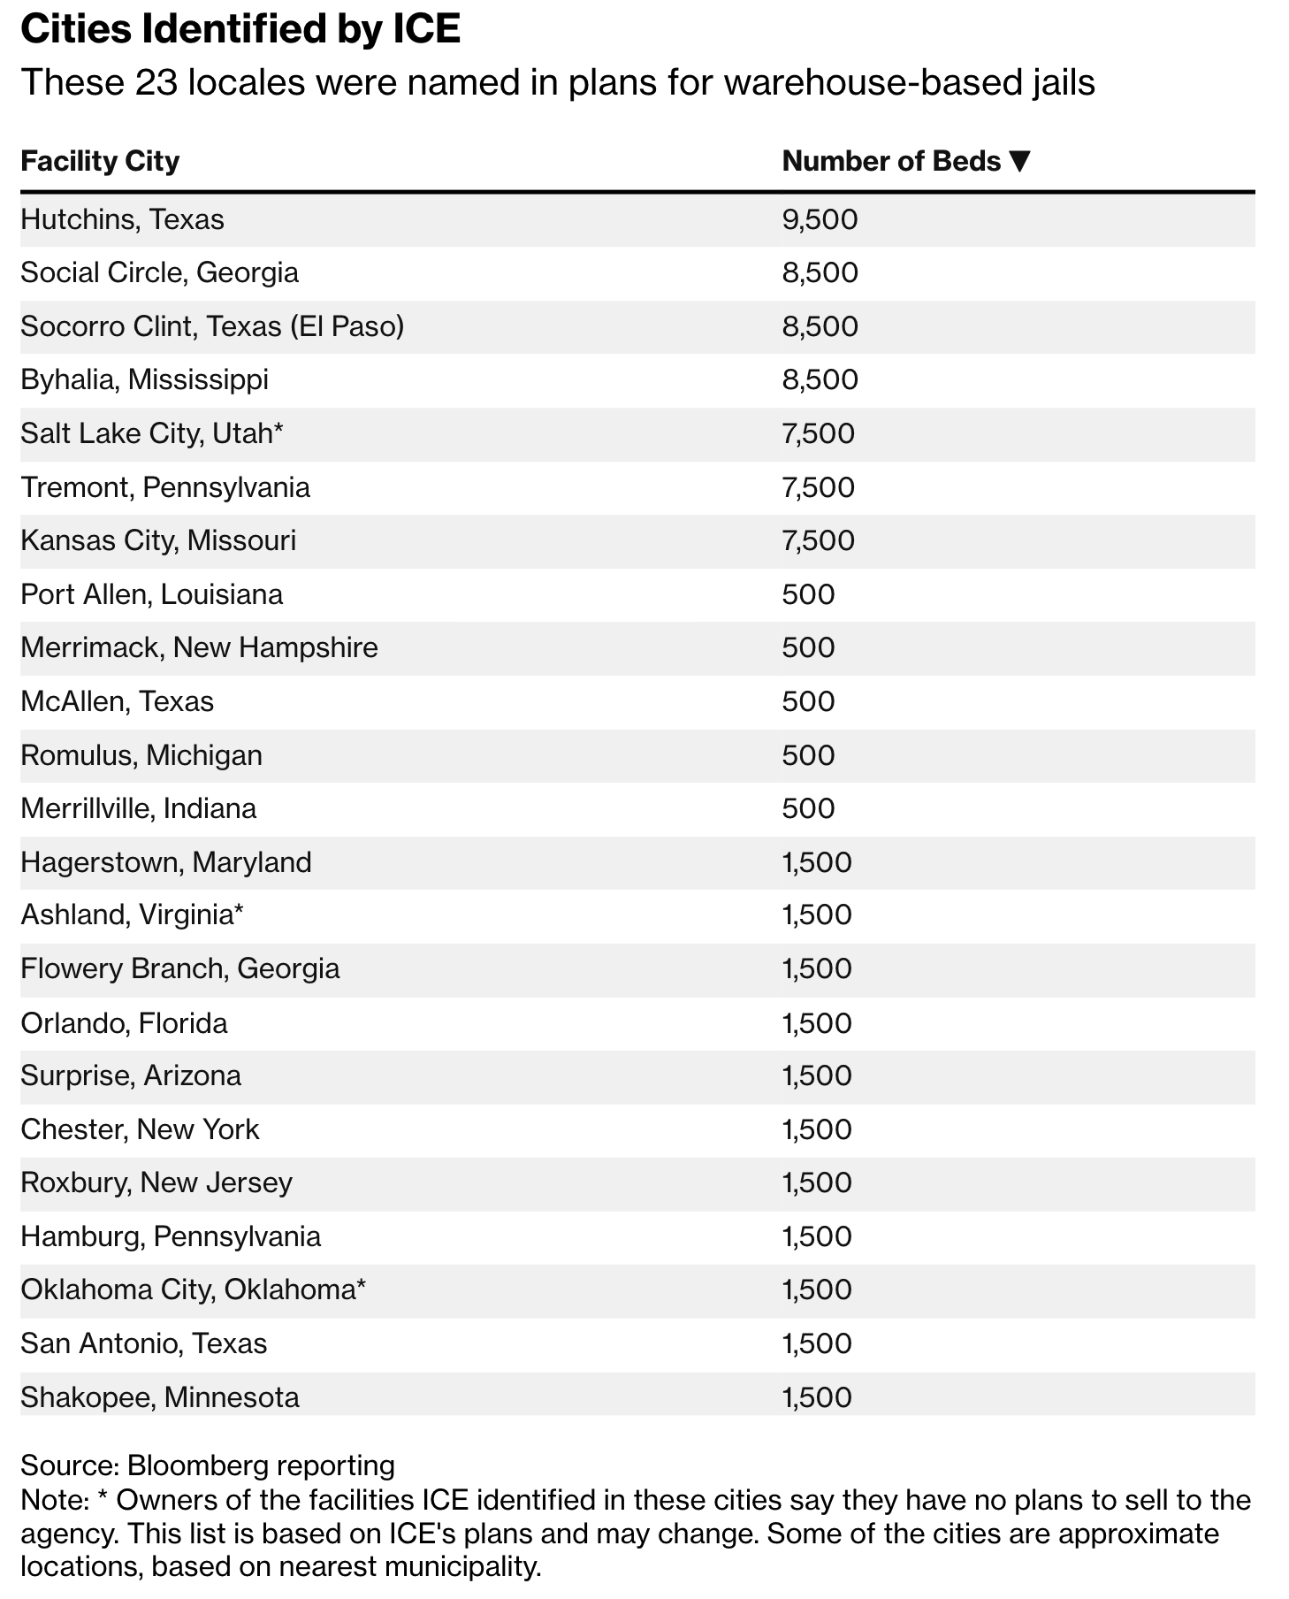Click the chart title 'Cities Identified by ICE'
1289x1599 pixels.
pyautogui.click(x=240, y=30)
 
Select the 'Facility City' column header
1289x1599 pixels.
pyautogui.click(x=100, y=162)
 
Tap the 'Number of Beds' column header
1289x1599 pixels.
pyautogui.click(x=891, y=162)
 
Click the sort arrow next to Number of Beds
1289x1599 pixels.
pyautogui.click(x=1019, y=162)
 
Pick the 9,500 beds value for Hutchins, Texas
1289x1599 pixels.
pyautogui.click(x=820, y=219)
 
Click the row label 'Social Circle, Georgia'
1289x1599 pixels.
pyautogui.click(x=159, y=272)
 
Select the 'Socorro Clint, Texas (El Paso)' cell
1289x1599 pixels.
pyautogui.click(x=212, y=326)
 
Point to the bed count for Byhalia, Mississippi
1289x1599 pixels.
pyautogui.click(x=820, y=380)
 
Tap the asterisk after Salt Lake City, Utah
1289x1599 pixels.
pyautogui.click(x=278, y=431)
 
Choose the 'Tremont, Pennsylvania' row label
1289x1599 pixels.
pyautogui.click(x=165, y=488)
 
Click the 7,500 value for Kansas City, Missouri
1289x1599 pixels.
pyautogui.click(x=818, y=540)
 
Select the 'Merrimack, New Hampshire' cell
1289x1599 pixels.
pyautogui.click(x=199, y=648)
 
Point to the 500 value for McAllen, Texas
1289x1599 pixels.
pyautogui.click(x=808, y=702)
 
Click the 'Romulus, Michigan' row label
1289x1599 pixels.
pyautogui.click(x=141, y=756)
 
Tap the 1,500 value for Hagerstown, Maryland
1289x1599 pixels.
pyautogui.click(x=817, y=863)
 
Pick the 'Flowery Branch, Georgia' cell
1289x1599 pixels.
pyautogui.click(x=180, y=969)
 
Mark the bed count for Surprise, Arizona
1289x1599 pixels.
pyautogui.click(x=817, y=1076)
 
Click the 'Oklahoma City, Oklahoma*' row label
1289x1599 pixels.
pyautogui.click(x=193, y=1290)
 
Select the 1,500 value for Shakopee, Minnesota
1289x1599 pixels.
pyautogui.click(x=817, y=1398)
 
